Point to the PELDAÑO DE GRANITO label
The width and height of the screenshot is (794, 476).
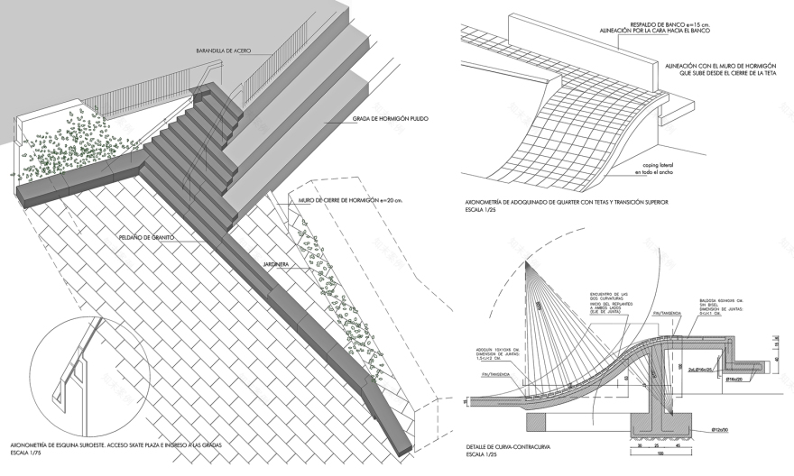pos(146,237)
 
